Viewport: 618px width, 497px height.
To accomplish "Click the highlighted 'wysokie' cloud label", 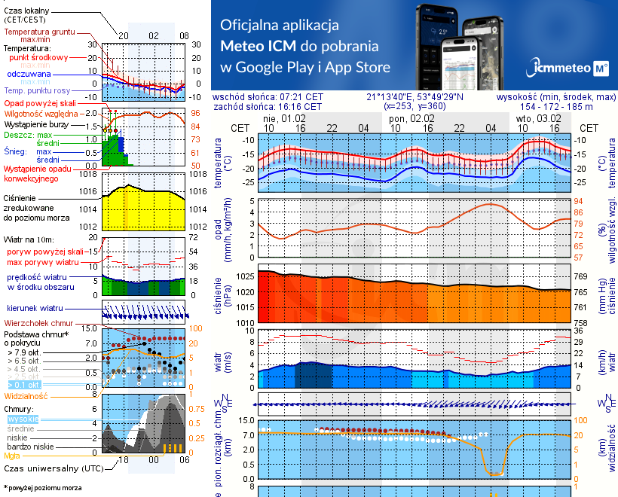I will [23, 418].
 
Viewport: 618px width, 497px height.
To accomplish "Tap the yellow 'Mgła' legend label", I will [12, 456].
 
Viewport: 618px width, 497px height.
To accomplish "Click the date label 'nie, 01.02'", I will [284, 118].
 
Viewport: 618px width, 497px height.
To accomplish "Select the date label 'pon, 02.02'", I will [413, 118].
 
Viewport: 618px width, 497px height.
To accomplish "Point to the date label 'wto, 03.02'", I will [539, 118].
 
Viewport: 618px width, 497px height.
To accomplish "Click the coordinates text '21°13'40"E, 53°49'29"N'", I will [415, 97].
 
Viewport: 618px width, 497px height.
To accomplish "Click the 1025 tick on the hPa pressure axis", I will [245, 277].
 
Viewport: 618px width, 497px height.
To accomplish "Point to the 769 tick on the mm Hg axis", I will [581, 277].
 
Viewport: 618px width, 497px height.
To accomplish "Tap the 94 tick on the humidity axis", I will [580, 201].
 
